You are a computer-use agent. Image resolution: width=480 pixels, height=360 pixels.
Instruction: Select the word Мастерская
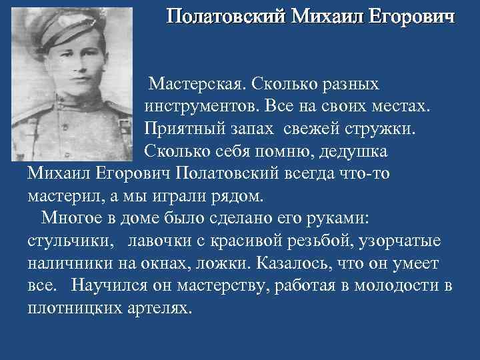coord(197,84)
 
